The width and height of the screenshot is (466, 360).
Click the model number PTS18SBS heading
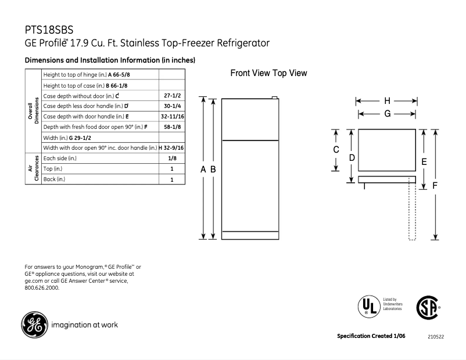[49, 30]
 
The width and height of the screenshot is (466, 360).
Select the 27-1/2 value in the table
[171, 95]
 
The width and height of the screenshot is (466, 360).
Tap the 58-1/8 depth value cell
[171, 127]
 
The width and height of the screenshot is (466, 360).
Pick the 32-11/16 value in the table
[171, 116]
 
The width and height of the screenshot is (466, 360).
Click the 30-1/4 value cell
[171, 106]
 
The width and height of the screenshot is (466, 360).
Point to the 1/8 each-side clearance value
[171, 158]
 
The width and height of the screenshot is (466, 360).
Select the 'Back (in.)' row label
[55, 179]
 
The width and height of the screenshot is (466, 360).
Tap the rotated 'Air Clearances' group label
[34, 168]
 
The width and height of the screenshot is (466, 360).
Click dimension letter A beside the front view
[203, 170]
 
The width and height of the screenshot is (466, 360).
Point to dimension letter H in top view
[386, 100]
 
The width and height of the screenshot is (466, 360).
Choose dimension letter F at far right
[435, 185]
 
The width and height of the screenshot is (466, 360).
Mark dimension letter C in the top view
[335, 150]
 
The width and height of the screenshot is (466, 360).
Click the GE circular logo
[34, 325]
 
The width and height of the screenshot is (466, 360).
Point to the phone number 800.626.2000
[42, 287]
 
